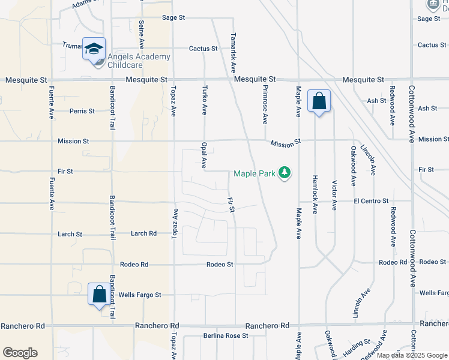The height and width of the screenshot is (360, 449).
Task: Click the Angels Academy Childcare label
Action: coord(139,61)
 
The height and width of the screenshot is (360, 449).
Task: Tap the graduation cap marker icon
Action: coord(94,48)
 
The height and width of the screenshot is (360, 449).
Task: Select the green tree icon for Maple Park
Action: coord(285,174)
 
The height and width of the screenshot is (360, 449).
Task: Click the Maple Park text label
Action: coord(254,174)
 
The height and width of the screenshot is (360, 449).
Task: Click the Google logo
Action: coord(20,353)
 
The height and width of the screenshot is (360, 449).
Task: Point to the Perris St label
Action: coord(82,111)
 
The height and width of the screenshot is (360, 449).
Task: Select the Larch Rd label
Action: coord(143,233)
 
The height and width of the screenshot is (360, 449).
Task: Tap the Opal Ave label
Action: coord(204,155)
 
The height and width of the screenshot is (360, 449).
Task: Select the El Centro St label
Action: coord(371,201)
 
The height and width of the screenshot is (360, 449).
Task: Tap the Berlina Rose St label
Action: coord(225,336)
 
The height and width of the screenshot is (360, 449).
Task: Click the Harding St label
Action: coord(357,344)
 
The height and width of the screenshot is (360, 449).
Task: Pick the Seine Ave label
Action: coord(142,36)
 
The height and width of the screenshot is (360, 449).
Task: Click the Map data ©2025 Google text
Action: coord(411,355)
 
